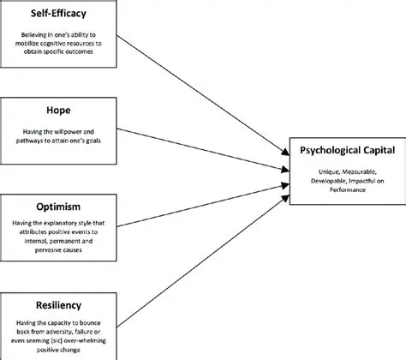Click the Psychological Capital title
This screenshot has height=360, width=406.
pyautogui.click(x=346, y=151)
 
